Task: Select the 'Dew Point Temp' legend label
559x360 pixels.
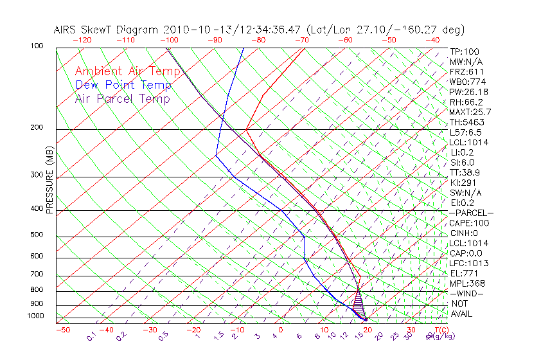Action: pyautogui.click(x=123, y=85)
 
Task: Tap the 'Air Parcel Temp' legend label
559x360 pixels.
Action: pyautogui.click(x=122, y=98)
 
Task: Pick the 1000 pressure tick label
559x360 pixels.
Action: pyautogui.click(x=36, y=316)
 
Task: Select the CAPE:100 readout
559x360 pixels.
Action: pyautogui.click(x=469, y=223)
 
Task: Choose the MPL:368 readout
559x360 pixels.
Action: pyautogui.click(x=467, y=283)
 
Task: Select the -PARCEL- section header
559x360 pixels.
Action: pyautogui.click(x=471, y=213)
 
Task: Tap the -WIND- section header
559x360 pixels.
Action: pyautogui.click(x=466, y=293)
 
